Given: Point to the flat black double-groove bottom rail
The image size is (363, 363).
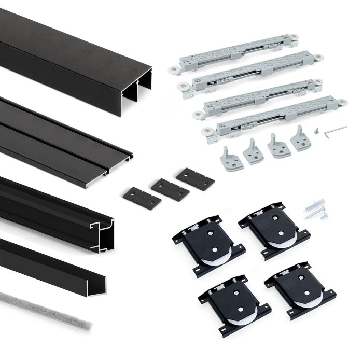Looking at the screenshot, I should pos(62,135).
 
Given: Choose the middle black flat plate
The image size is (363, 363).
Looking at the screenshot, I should pos(170,189).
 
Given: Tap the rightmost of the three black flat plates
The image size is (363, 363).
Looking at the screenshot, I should pos(195,179).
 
